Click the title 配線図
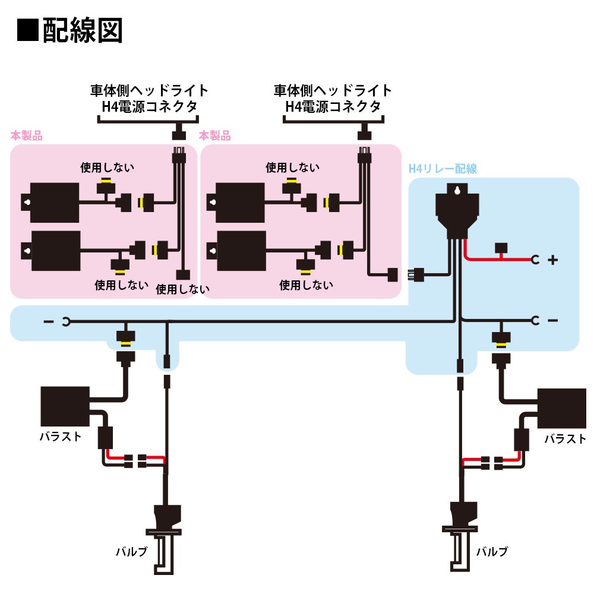(x=82, y=30)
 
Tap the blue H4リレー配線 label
(x=443, y=169)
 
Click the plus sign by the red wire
(x=552, y=260)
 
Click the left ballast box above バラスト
(x=65, y=406)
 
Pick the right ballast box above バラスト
(x=562, y=409)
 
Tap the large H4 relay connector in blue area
(x=457, y=210)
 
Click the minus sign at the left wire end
(x=49, y=321)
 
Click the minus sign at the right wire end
(x=552, y=321)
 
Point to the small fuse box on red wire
(x=501, y=248)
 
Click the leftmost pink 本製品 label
(x=27, y=135)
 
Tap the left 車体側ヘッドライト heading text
(x=149, y=90)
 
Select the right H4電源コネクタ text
(x=333, y=107)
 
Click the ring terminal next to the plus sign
(x=535, y=260)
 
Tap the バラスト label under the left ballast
(x=61, y=437)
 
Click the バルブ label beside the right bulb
(x=492, y=552)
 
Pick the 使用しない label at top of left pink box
(x=107, y=168)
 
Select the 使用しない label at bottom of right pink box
(x=306, y=285)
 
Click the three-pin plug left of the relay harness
(x=416, y=275)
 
